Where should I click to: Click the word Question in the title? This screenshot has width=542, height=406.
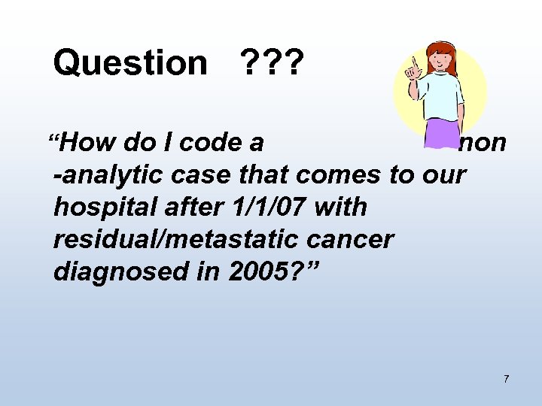tap(129, 64)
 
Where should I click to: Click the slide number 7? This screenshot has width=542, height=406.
tap(506, 378)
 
